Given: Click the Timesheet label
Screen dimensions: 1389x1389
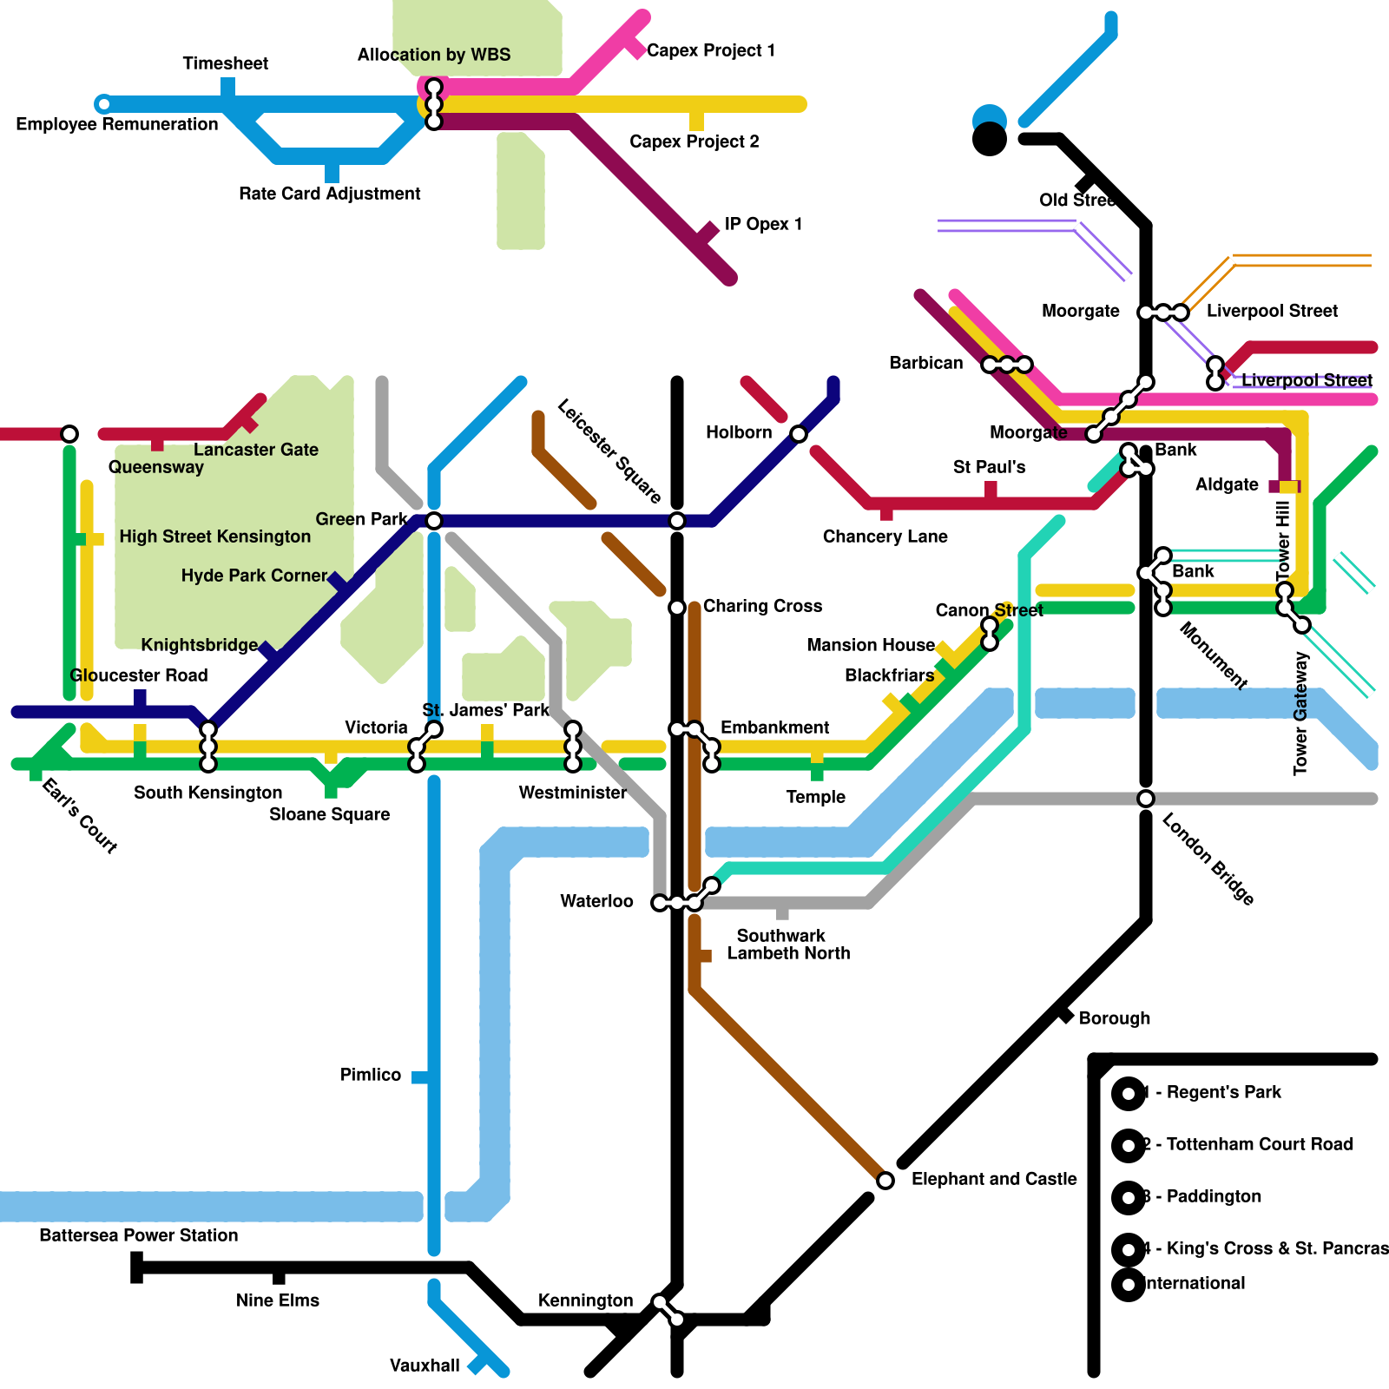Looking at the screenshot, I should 225,63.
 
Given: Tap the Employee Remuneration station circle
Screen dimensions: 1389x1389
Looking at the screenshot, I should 103,104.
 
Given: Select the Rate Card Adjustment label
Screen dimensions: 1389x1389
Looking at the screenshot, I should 329,194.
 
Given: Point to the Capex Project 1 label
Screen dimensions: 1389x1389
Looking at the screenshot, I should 710,50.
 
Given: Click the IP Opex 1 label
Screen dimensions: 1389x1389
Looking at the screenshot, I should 763,224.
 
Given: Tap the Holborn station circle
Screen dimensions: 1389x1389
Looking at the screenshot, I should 799,433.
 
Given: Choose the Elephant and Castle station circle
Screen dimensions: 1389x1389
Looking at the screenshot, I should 885,1181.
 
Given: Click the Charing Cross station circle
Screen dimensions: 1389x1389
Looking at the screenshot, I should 677,608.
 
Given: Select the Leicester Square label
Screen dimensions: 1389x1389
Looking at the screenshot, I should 609,451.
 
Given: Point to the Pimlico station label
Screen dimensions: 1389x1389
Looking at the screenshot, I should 371,1075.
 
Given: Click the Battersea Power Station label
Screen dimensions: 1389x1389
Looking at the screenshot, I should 138,1235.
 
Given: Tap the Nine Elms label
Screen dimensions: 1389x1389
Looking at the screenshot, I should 278,1300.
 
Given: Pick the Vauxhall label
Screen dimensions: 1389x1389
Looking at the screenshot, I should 425,1366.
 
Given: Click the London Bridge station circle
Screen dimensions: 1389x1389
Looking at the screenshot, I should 1146,799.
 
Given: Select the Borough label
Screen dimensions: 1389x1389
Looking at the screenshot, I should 1114,1018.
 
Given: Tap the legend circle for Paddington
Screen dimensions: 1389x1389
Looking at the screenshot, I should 1129,1198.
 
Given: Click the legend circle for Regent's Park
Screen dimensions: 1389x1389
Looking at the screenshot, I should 1129,1094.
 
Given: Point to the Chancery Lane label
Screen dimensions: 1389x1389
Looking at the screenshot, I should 885,537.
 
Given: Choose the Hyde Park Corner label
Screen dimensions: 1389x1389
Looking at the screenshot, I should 253,576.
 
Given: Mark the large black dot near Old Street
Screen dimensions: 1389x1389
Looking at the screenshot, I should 990,139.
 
